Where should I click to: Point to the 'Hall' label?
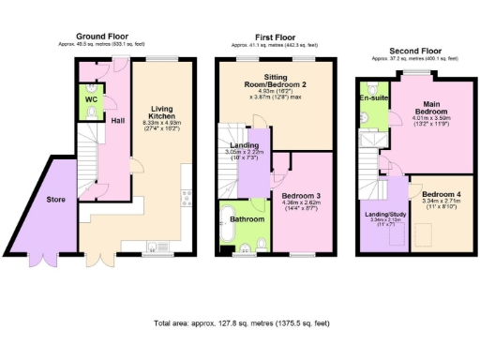119,120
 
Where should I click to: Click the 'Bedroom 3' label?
302,195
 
